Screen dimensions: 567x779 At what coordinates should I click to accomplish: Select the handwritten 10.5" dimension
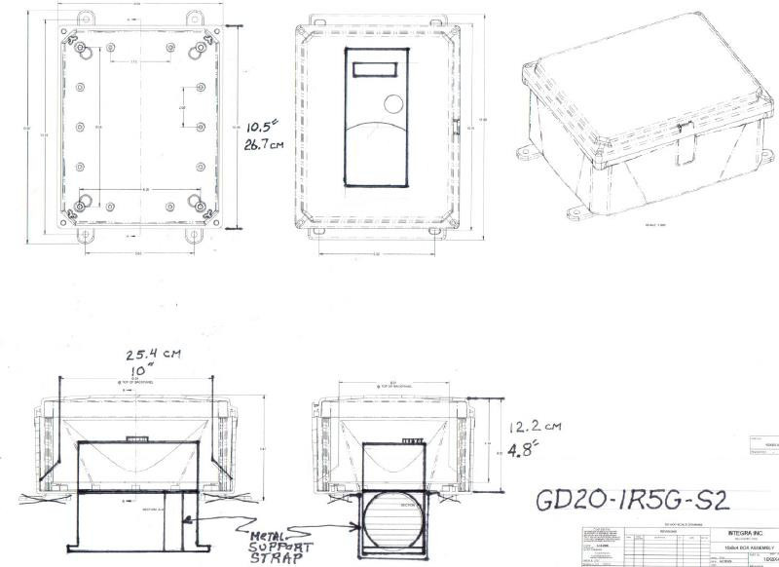tap(261, 126)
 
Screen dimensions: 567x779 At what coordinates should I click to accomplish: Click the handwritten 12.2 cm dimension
tap(527, 425)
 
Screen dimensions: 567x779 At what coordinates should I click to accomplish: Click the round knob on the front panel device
tap(391, 103)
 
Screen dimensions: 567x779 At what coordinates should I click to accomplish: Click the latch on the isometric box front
tap(686, 146)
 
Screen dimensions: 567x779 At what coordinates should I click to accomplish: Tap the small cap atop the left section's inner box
tap(138, 436)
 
